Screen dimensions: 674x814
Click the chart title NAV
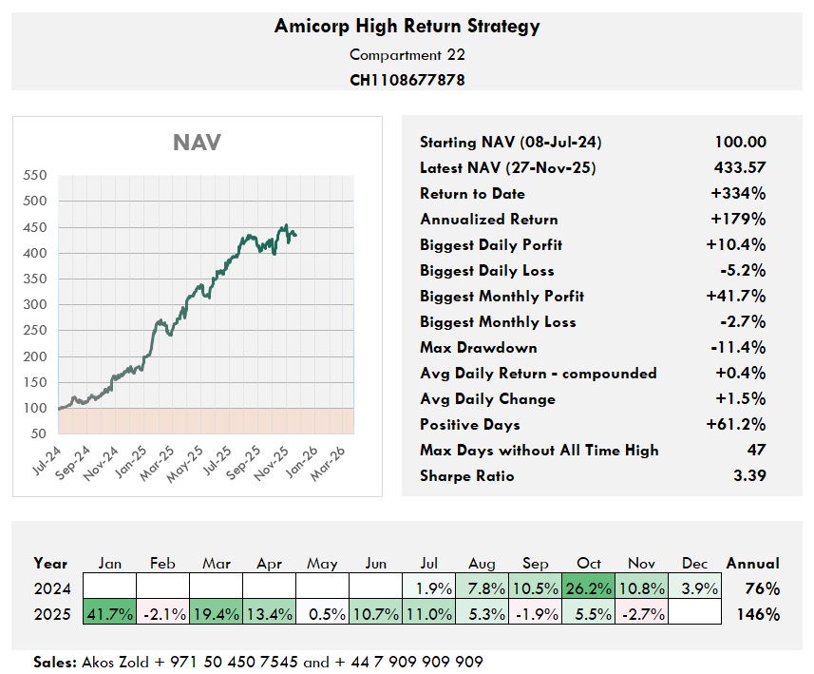[197, 143]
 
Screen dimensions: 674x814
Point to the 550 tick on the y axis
[33, 176]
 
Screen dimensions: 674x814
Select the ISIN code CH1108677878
[407, 80]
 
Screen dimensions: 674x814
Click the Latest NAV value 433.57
[740, 168]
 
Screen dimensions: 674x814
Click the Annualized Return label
[488, 220]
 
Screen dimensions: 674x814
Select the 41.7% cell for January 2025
[110, 614]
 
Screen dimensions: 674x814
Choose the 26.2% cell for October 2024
[589, 588]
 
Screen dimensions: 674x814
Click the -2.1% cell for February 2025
[163, 614]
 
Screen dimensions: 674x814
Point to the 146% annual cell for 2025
[758, 614]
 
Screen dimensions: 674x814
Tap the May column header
[323, 564]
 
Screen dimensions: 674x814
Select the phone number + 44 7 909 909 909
[409, 662]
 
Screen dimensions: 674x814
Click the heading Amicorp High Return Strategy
[407, 26]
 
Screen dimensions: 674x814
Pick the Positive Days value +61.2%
[736, 424]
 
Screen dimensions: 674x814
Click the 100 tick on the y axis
[33, 408]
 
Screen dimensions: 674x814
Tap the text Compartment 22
[407, 54]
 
